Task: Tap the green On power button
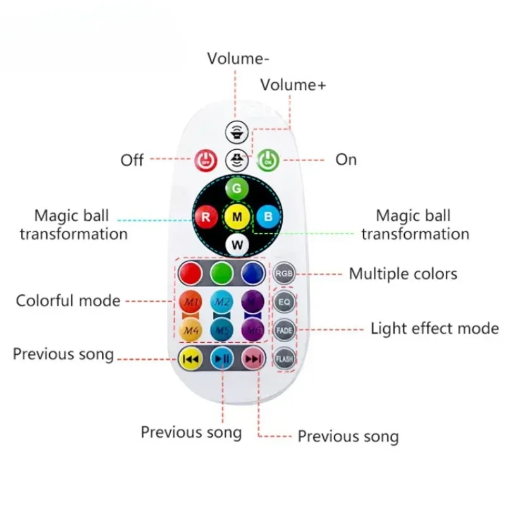[x=268, y=159]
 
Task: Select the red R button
[x=205, y=216]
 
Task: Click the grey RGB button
[x=284, y=273]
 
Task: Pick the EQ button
[x=284, y=302]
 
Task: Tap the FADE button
[x=284, y=330]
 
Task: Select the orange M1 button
[x=190, y=301]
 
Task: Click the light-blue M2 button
[x=221, y=301]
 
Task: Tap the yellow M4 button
[x=190, y=329]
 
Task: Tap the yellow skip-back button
[x=190, y=359]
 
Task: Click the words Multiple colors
[x=403, y=274]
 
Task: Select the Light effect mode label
[x=434, y=328]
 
